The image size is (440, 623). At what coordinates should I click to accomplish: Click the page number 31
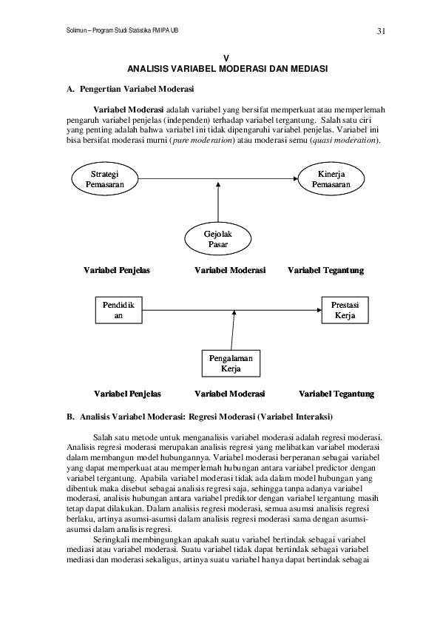click(381, 31)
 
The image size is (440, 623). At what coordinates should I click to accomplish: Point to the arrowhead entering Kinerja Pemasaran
click(296, 179)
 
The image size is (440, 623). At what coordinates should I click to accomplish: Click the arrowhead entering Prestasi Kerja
click(319, 310)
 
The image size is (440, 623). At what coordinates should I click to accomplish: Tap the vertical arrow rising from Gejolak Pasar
click(218, 202)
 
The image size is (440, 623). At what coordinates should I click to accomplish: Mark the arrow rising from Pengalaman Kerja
click(233, 330)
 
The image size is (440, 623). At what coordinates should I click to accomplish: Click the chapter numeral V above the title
click(227, 58)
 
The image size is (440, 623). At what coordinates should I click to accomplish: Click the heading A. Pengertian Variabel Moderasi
click(130, 89)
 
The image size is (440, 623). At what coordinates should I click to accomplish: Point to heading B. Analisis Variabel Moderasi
click(200, 417)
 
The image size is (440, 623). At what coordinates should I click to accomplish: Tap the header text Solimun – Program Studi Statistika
click(122, 30)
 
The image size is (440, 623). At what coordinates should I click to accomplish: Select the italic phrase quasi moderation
click(345, 141)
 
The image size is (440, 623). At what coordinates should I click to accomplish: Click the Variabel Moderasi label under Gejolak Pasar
click(230, 270)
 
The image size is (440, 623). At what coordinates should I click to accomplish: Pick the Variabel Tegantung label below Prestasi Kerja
click(336, 394)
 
